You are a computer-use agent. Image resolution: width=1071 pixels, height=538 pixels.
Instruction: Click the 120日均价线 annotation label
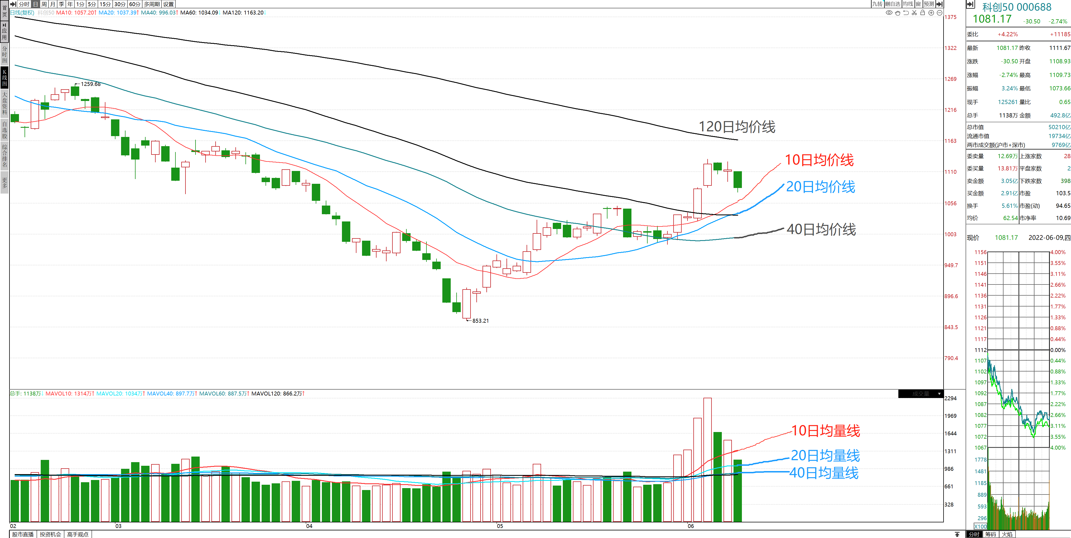(x=736, y=127)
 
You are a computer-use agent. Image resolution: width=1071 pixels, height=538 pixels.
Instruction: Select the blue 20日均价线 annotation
(x=820, y=187)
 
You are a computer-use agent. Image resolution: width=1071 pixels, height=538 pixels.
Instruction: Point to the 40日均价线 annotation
(x=821, y=230)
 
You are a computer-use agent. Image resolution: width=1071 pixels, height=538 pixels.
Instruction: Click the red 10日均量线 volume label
(x=825, y=431)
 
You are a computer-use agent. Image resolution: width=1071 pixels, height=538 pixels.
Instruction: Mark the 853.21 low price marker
(x=480, y=320)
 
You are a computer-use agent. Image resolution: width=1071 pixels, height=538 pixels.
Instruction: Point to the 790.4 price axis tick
(x=951, y=358)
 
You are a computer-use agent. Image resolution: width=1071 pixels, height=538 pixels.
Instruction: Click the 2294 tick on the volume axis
(x=951, y=398)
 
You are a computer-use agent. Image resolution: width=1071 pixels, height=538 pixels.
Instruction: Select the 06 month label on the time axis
(x=691, y=526)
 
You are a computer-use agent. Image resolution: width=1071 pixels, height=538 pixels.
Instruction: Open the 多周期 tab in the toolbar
(x=152, y=4)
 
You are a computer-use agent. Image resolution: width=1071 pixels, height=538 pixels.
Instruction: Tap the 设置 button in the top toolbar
(x=168, y=4)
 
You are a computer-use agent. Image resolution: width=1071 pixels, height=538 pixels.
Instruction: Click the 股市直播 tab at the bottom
(x=23, y=534)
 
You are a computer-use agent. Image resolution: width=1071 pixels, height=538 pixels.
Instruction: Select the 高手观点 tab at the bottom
(x=78, y=534)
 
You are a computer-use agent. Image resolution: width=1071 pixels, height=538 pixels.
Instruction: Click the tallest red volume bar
(x=707, y=459)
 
